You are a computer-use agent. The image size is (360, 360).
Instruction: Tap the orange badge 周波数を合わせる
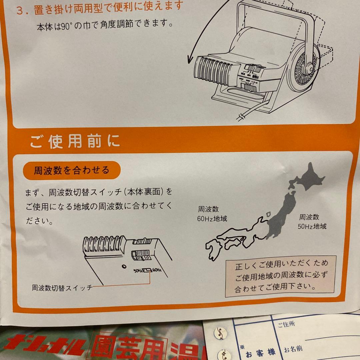[x=71, y=170]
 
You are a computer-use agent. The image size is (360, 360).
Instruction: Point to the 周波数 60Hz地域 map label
[x=212, y=214]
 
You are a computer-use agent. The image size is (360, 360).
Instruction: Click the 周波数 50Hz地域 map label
[x=312, y=222]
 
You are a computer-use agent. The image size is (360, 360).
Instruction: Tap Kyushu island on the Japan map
[x=214, y=248]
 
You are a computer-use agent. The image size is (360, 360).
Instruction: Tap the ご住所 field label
[x=282, y=324]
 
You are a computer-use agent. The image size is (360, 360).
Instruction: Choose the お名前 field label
[x=293, y=349]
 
